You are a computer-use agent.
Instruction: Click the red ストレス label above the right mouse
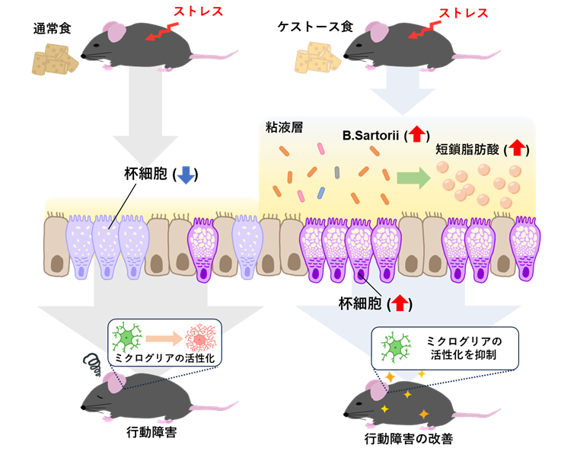pyautogui.click(x=464, y=14)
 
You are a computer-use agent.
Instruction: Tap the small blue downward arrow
pyautogui.click(x=185, y=176)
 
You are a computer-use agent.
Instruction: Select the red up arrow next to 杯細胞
pyautogui.click(x=399, y=303)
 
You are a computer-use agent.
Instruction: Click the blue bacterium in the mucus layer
pyautogui.click(x=320, y=192)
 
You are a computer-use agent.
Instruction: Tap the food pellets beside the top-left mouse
pyautogui.click(x=55, y=59)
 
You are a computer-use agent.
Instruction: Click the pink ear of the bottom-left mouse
pyautogui.click(x=114, y=382)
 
